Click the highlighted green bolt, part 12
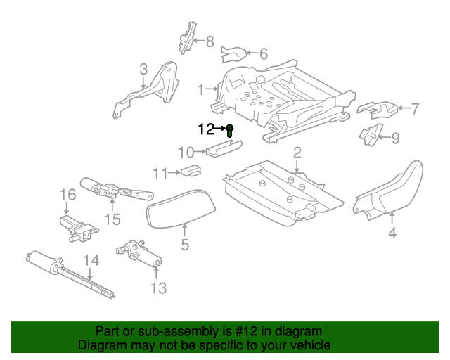(230, 131)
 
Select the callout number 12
(206, 129)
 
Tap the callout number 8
(210, 41)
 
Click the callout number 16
(67, 195)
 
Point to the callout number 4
(392, 232)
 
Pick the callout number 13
(158, 288)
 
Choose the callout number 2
(297, 153)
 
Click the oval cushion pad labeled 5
(181, 209)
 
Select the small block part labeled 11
(191, 170)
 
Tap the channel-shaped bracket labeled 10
(224, 148)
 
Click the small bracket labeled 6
(233, 54)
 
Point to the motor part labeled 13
(139, 252)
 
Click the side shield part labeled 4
(388, 191)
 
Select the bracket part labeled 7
(378, 110)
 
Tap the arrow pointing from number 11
(174, 173)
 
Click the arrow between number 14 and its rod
(90, 274)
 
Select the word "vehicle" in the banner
(312, 345)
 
